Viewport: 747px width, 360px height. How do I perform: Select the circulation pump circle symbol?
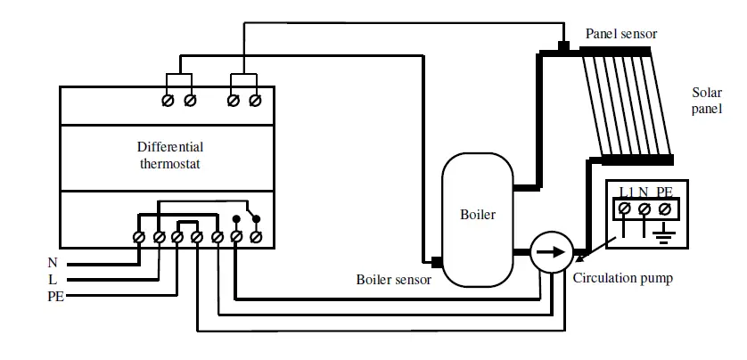pos(550,253)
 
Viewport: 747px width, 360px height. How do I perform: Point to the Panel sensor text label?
pos(620,34)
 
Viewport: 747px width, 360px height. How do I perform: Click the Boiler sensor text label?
pos(393,279)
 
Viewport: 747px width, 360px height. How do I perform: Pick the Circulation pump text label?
pos(622,278)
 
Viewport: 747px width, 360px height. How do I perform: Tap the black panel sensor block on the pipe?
pos(562,45)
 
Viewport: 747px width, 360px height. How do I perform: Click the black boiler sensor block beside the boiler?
pos(436,262)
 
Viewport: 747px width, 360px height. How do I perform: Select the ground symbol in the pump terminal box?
pos(664,236)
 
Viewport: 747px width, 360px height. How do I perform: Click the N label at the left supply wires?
pos(52,263)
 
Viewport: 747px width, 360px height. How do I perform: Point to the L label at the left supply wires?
pos(53,279)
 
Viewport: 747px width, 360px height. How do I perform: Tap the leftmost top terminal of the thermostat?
pos(168,101)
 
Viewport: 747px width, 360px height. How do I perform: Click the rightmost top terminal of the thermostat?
pos(255,101)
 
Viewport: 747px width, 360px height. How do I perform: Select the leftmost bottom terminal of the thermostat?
pos(139,237)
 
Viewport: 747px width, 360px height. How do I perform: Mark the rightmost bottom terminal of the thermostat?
pos(256,237)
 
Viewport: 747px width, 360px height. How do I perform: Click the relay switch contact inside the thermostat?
pos(247,219)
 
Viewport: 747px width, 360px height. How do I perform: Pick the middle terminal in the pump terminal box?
pos(644,209)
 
